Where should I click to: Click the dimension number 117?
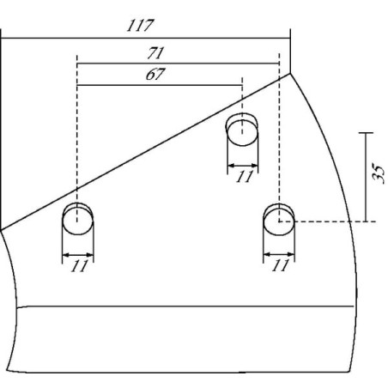point(140,26)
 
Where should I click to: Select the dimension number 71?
point(155,53)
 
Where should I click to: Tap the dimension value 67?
point(155,75)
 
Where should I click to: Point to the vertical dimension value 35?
point(378,173)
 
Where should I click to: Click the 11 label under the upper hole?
point(245,177)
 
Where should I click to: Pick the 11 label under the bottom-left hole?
point(79,266)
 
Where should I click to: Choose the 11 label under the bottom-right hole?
point(281,265)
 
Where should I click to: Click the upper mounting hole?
point(242,130)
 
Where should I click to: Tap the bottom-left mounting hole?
point(77,219)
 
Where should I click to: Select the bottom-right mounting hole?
point(279,220)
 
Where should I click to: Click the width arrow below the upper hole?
point(243,166)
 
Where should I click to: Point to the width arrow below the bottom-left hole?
point(78,254)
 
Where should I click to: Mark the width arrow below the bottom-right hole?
point(279,254)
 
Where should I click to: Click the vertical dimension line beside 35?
point(366,177)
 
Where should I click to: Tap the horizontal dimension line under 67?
point(160,85)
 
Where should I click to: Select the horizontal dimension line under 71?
point(178,64)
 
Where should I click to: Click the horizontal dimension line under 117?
point(146,38)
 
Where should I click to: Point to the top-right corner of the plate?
point(290,74)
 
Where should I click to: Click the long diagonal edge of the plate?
point(145,152)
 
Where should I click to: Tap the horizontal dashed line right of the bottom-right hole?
point(328,221)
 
